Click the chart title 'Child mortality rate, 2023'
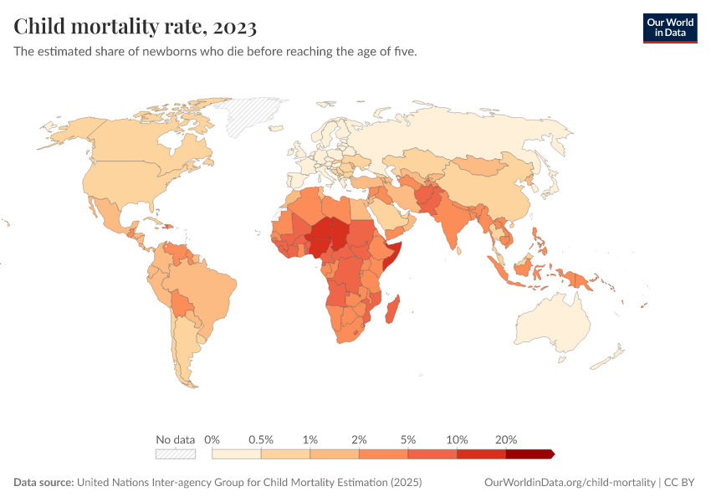point(135,27)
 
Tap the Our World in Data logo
point(669,28)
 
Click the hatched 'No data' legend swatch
point(175,454)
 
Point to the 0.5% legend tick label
point(262,439)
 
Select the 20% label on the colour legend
point(506,439)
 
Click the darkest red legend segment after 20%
point(529,454)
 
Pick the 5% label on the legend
point(408,439)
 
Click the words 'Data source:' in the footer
point(43,483)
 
